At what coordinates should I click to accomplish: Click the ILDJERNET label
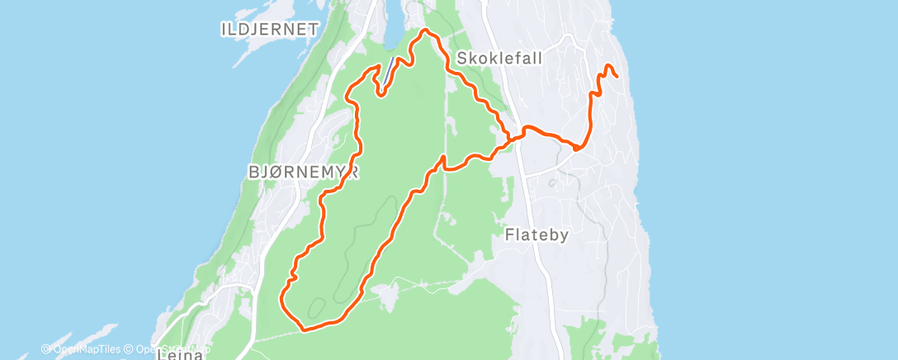click(x=270, y=30)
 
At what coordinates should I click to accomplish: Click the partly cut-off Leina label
click(x=177, y=353)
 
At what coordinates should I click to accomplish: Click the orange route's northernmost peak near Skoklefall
click(x=425, y=31)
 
